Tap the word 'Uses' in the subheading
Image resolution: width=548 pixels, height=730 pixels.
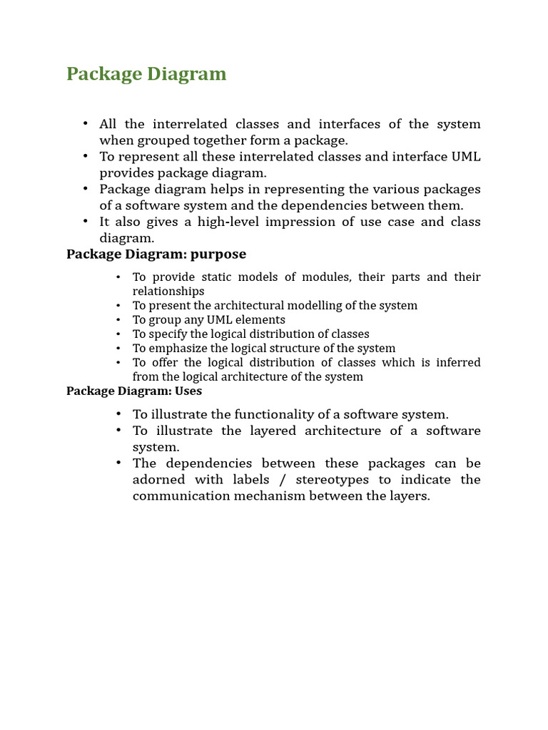coord(188,391)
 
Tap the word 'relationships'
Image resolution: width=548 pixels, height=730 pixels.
coord(168,291)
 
